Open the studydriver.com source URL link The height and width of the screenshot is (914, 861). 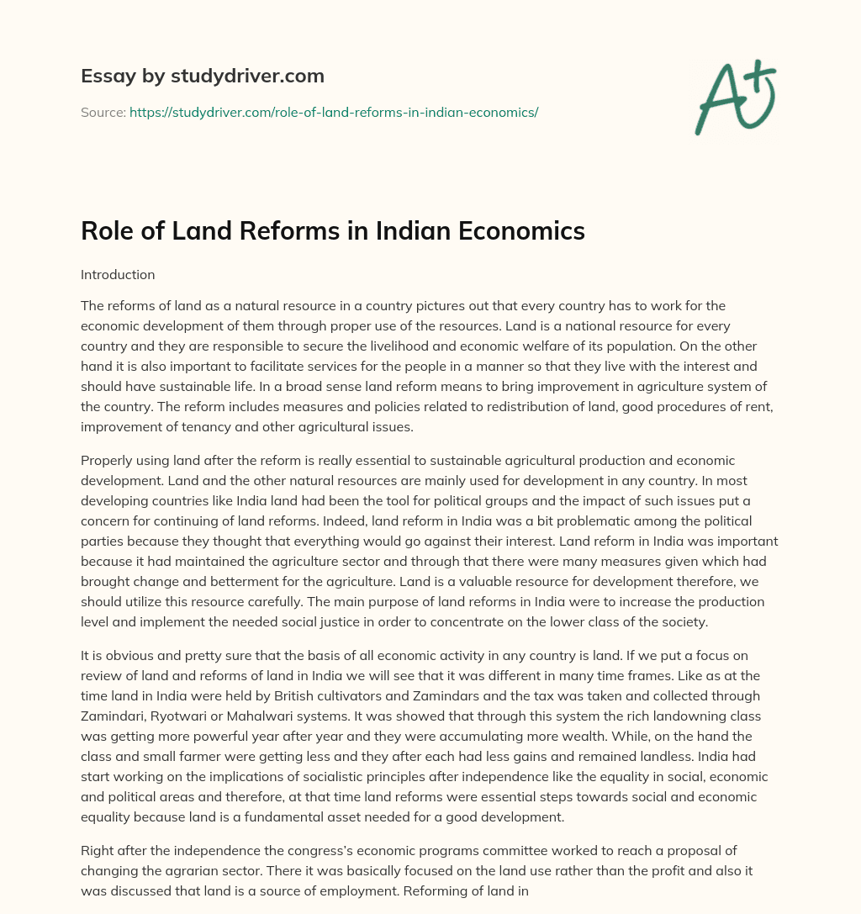click(x=334, y=112)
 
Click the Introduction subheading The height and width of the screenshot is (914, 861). click(x=118, y=274)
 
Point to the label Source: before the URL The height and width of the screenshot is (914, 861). click(x=103, y=112)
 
